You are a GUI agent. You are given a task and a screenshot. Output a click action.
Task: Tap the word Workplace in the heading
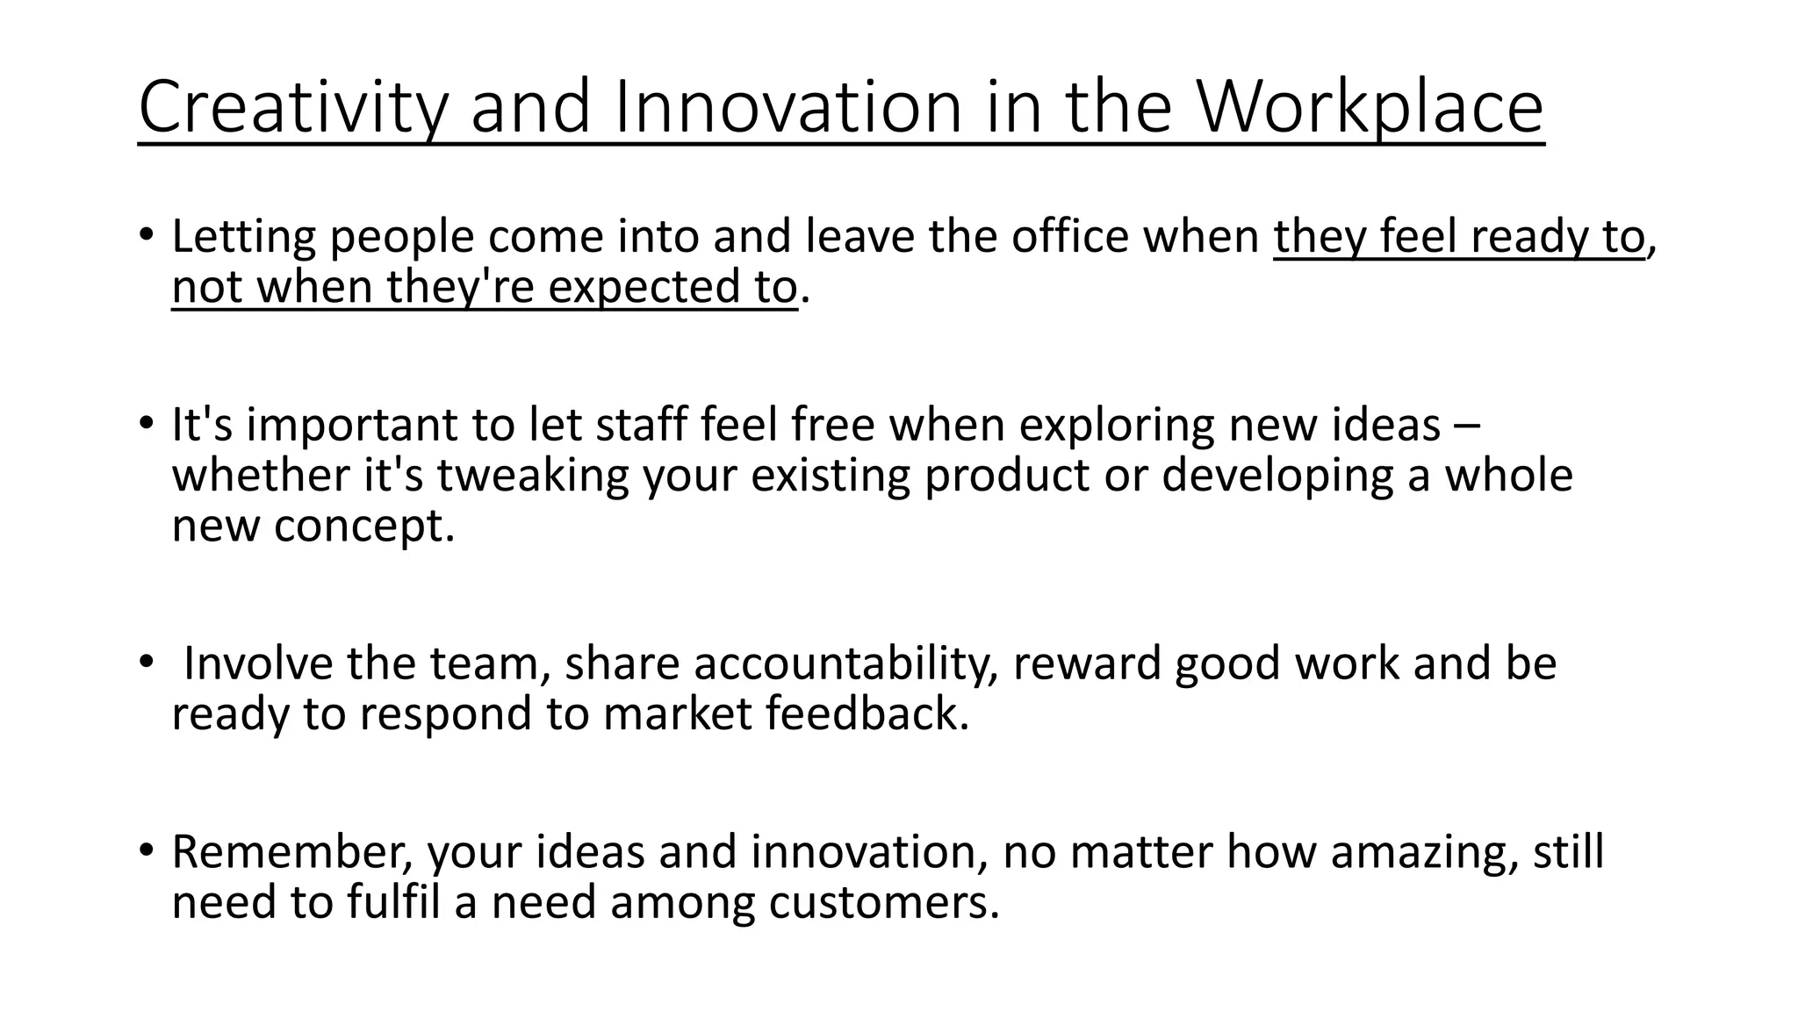coord(1370,108)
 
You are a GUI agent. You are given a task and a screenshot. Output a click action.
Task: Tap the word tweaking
coord(533,476)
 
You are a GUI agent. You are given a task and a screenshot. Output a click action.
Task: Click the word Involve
coord(258,663)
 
